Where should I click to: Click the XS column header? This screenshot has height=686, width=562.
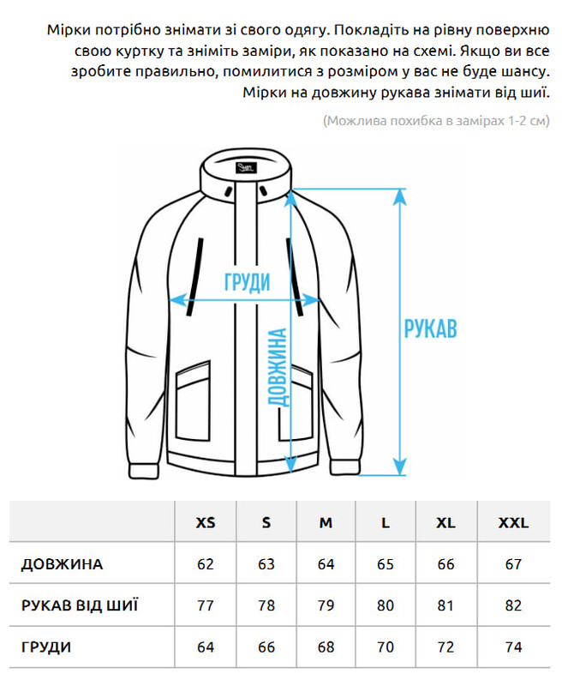tap(206, 523)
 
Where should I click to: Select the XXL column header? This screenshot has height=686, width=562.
tap(513, 523)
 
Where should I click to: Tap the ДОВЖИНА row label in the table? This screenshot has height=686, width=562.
tap(62, 564)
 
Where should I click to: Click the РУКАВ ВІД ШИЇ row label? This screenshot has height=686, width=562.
tap(80, 605)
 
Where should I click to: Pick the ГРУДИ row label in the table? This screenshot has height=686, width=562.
tap(46, 647)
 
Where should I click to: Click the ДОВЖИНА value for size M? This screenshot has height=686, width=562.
tap(326, 564)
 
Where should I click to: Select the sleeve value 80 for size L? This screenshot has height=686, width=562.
tap(386, 605)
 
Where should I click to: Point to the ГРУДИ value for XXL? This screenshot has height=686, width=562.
tap(513, 647)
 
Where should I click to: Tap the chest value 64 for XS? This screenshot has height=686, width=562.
tap(206, 647)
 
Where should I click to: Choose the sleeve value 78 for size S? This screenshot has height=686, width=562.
tap(266, 605)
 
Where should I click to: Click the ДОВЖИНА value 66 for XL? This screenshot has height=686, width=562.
tap(445, 564)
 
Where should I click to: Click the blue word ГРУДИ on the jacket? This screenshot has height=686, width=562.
tap(248, 282)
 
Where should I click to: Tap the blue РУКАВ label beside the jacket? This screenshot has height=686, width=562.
tap(430, 328)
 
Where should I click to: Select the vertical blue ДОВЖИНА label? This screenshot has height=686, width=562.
tap(278, 368)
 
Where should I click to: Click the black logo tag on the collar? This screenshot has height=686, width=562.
tap(247, 167)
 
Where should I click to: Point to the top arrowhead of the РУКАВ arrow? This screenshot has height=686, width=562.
tap(400, 196)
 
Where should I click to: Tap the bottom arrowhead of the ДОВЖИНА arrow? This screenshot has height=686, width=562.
tap(291, 465)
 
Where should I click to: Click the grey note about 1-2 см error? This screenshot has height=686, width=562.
tap(436, 121)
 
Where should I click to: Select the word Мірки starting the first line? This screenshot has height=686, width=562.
tap(69, 30)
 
